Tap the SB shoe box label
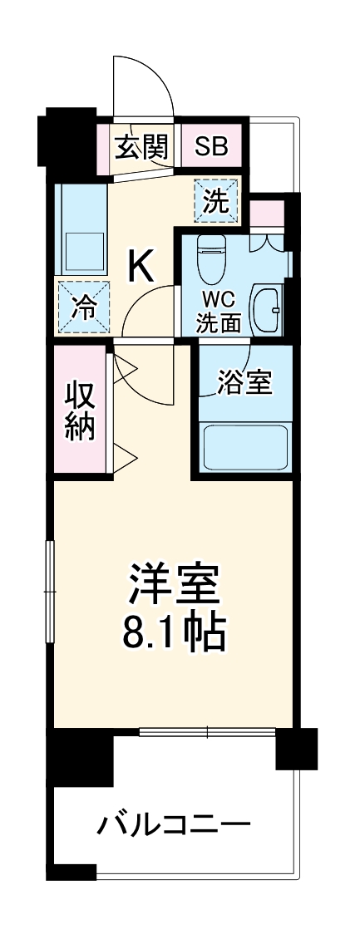click(x=211, y=147)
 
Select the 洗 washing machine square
click(x=216, y=202)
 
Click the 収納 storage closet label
click(x=81, y=411)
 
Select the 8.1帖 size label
click(x=174, y=634)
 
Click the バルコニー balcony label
click(x=174, y=825)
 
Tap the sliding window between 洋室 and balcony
click(x=208, y=732)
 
